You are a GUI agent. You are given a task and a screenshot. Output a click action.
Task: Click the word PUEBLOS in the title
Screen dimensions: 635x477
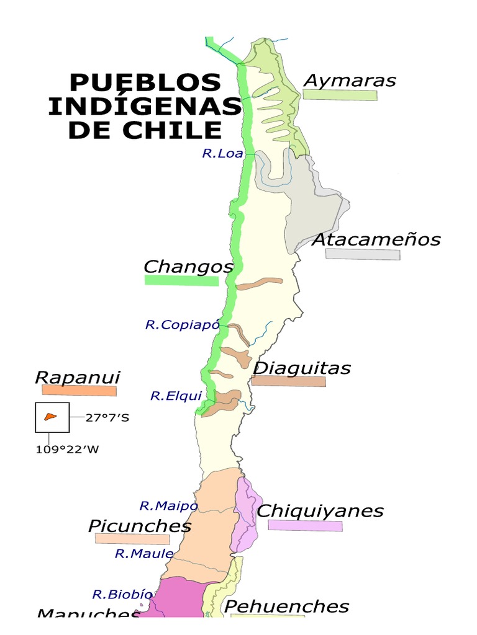pos(145,82)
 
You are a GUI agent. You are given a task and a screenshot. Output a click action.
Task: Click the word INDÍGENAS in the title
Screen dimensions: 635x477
pos(144,106)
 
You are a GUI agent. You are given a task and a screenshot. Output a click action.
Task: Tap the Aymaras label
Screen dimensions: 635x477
pos(350,81)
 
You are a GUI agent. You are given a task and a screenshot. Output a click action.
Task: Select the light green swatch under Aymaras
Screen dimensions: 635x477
pos(340,95)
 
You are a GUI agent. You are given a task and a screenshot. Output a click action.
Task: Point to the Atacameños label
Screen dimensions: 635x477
pos(376,239)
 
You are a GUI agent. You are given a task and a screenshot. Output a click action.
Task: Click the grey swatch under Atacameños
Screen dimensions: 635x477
pos(363,254)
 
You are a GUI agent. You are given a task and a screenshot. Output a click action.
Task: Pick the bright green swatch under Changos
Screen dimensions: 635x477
pos(181,281)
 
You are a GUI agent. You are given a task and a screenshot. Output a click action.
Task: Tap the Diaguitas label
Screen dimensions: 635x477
pos(302,368)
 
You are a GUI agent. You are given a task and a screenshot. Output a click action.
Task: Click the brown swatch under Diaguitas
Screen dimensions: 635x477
pos(288,381)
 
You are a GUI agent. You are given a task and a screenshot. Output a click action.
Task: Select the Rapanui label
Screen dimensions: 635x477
pos(77,377)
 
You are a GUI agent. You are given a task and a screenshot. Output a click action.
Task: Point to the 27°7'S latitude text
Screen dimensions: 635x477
pos(107,417)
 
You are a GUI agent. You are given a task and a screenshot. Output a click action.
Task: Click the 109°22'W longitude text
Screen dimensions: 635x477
pos(66,450)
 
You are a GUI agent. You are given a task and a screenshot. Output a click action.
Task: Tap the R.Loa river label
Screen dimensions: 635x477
pos(222,153)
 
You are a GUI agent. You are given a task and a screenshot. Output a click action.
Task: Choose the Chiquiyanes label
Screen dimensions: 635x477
pos(320,511)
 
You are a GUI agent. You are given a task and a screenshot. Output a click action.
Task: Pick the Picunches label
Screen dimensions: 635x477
pos(140,526)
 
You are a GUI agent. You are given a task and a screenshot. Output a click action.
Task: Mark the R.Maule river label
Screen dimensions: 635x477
pos(143,554)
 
